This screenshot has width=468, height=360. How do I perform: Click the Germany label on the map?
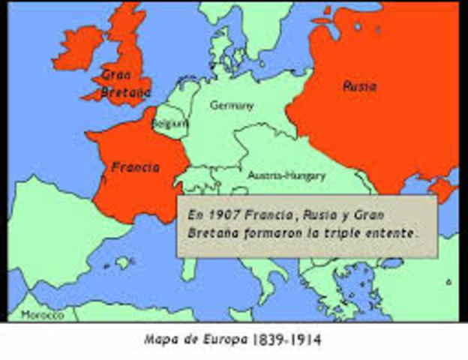pos(231,106)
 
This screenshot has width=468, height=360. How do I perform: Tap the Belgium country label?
pos(169,123)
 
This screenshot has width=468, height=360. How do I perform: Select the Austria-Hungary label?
pos(286,175)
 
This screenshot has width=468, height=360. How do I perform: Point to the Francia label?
pos(135,167)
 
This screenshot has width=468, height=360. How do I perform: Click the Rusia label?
pos(359,85)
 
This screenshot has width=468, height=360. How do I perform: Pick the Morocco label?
pos(43,315)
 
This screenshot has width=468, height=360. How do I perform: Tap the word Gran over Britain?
pos(117,75)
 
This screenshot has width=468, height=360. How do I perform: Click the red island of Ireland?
pos(76,46)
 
